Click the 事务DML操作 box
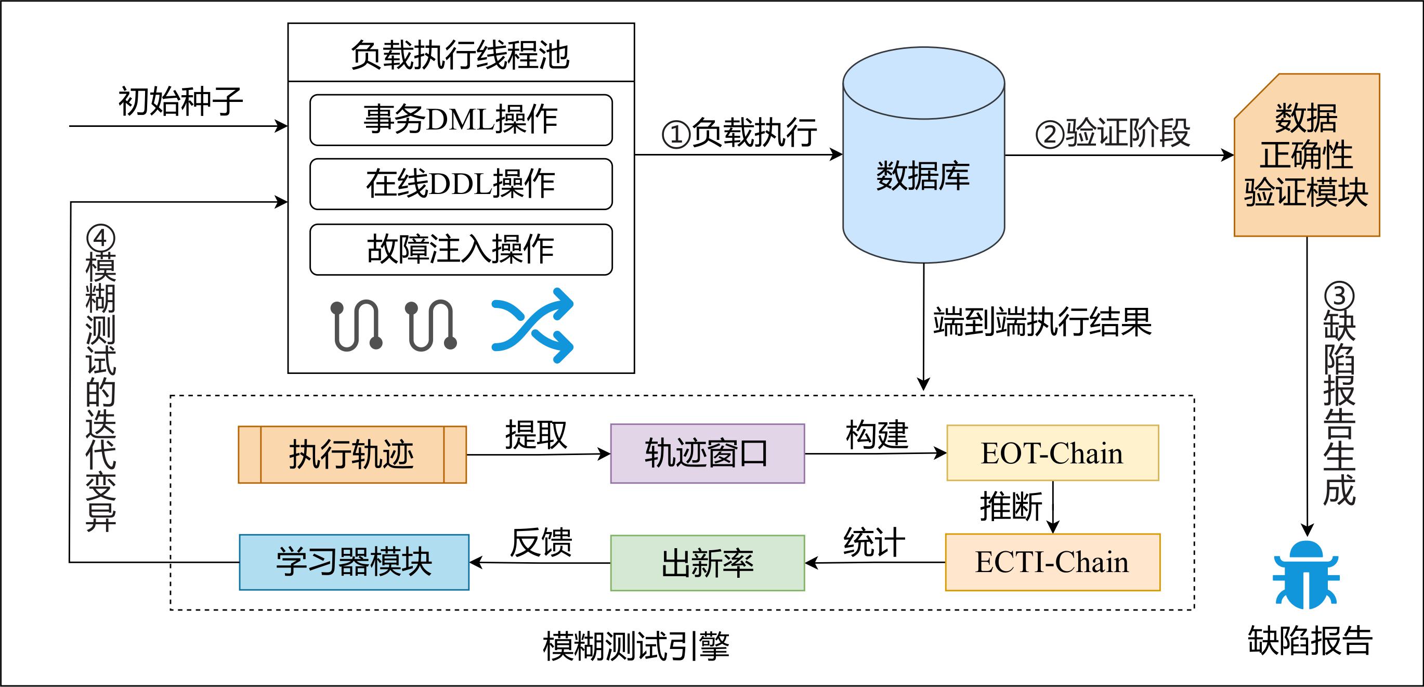(x=461, y=120)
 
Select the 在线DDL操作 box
(x=461, y=184)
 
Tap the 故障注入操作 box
(x=461, y=250)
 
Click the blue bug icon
(x=1305, y=575)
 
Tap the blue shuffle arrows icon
(x=532, y=325)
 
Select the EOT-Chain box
(x=1052, y=453)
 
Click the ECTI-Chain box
(x=1052, y=562)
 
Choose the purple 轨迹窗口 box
(x=707, y=453)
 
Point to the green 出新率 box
(x=707, y=563)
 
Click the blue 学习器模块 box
(x=354, y=562)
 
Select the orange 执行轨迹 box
(x=352, y=455)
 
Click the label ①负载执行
(x=739, y=133)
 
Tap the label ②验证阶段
(x=1112, y=133)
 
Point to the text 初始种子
(x=180, y=102)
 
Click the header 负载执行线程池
(x=461, y=55)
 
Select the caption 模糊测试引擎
(x=636, y=646)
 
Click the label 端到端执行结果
(x=1042, y=322)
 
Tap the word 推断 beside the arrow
(x=1011, y=506)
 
